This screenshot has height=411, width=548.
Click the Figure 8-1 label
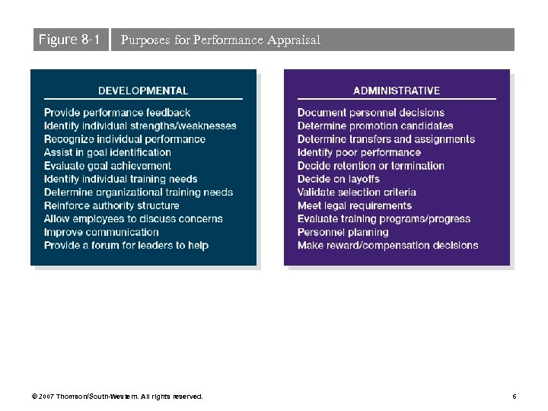click(69, 40)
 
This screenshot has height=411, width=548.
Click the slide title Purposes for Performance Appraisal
click(220, 40)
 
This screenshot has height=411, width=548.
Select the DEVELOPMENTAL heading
click(143, 91)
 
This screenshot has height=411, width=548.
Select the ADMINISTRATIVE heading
click(397, 91)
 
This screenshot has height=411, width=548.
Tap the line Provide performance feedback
click(117, 113)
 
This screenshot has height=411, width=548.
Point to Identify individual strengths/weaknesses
click(140, 126)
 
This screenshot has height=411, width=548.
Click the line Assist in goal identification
click(107, 152)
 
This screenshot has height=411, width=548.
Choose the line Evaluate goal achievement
click(107, 165)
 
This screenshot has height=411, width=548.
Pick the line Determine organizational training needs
click(139, 192)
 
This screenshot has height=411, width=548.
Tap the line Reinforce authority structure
click(112, 205)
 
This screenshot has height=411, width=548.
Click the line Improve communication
click(101, 232)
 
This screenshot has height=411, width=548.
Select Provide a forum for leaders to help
click(126, 245)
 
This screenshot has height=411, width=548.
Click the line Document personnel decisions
click(371, 113)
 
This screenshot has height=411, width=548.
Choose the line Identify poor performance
click(358, 152)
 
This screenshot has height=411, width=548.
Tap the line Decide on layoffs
click(338, 179)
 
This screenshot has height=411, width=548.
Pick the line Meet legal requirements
click(355, 205)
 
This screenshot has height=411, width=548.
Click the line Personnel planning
click(342, 232)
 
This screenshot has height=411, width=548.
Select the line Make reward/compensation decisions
click(387, 245)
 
